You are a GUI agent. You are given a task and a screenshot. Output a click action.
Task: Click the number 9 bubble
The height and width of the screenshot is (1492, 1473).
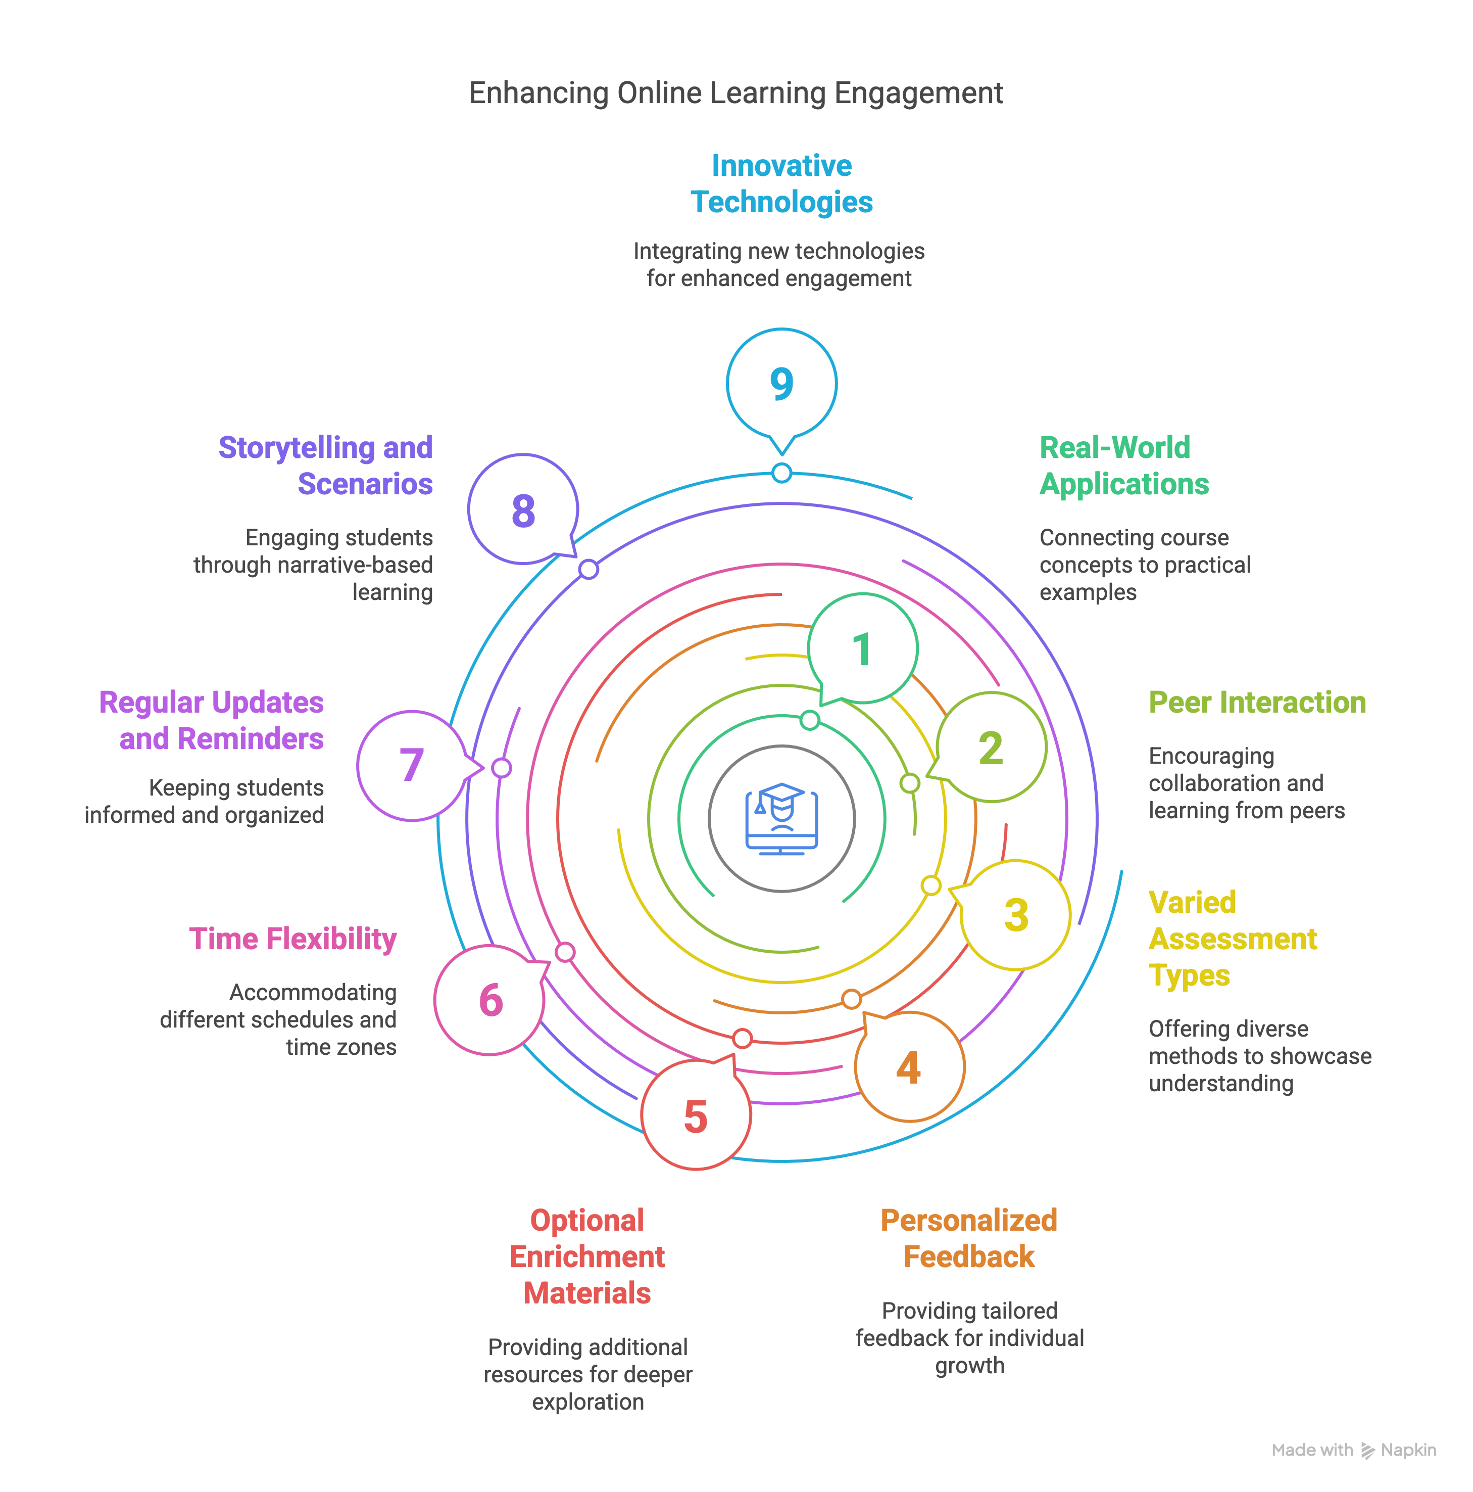(781, 384)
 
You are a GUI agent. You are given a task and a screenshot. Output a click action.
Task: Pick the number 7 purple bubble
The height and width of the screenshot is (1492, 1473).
(412, 765)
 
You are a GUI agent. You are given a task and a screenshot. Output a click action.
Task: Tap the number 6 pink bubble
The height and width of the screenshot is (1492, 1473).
(490, 1000)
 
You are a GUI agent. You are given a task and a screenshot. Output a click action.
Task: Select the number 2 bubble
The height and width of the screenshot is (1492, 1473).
(991, 748)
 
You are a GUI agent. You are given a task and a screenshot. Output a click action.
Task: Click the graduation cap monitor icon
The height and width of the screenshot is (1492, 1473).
(781, 819)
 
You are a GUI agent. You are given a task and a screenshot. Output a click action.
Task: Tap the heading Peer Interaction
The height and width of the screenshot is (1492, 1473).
(1257, 703)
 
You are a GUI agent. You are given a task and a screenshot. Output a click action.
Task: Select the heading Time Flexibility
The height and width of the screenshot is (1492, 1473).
(292, 939)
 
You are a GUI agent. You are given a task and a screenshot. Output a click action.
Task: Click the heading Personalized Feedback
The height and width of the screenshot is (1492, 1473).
(969, 1239)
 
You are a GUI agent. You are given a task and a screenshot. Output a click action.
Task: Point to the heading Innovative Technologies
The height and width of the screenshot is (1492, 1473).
(781, 184)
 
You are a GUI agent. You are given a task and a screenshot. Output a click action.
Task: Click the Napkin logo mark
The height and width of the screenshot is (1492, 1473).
(1367, 1450)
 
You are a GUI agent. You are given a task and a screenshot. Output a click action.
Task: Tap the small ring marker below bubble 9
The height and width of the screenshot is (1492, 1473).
(781, 473)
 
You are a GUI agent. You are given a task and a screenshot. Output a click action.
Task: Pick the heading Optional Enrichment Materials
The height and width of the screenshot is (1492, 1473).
(587, 1256)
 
